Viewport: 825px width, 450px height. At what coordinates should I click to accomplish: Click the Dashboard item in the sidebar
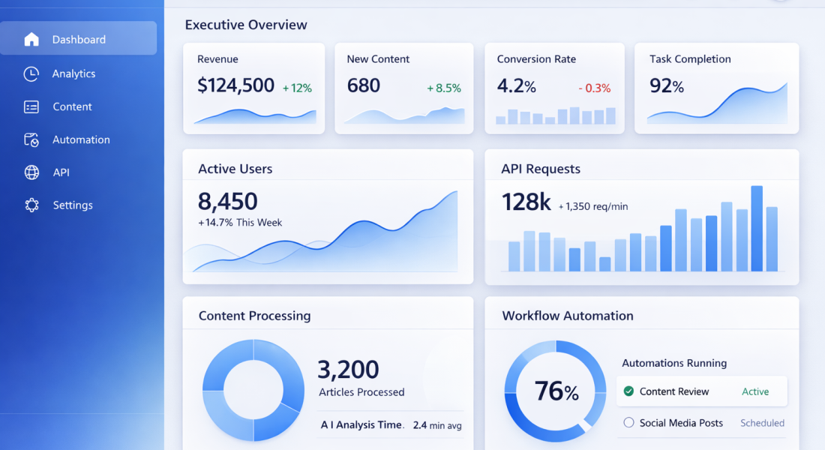(79, 39)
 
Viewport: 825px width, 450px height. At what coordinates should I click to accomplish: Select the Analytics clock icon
(31, 73)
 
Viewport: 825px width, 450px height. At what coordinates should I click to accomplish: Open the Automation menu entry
(81, 139)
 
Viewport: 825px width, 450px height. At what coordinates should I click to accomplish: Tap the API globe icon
(31, 172)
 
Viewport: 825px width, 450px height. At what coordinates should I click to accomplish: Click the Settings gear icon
(31, 205)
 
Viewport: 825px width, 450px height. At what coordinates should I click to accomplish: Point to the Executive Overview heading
(246, 25)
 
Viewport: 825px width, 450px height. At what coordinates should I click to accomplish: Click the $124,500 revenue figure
(235, 86)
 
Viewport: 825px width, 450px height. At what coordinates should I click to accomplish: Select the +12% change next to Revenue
(297, 88)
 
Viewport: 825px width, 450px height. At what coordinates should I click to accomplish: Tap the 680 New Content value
(364, 86)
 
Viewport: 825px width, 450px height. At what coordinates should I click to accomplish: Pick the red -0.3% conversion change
(595, 88)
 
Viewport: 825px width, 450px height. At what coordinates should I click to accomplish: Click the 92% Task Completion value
(667, 86)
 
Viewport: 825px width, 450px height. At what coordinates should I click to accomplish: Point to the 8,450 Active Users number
(228, 201)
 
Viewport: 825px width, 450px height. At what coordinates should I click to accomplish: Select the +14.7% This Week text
(240, 223)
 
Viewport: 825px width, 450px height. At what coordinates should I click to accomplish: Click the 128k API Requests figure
(526, 202)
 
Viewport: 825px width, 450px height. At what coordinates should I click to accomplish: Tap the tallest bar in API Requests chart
(757, 228)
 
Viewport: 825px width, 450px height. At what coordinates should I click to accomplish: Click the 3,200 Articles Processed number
(348, 369)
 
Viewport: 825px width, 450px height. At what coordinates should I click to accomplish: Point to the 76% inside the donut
(556, 391)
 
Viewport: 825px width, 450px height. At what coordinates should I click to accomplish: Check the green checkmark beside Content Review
(628, 391)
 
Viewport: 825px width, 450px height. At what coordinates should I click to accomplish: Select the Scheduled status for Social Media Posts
(762, 423)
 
